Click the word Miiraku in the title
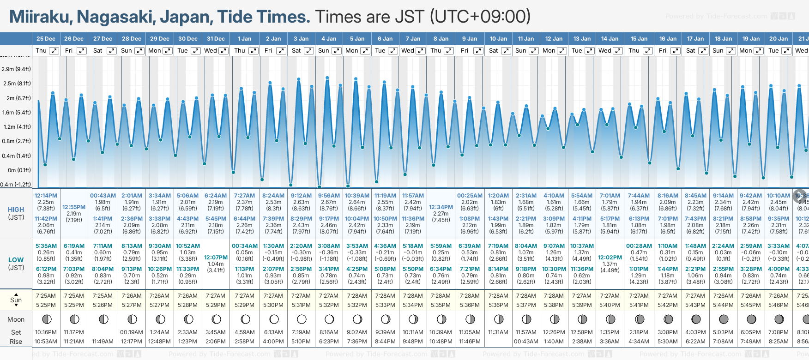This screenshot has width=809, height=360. point(40,17)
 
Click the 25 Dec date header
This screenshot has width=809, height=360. point(46,39)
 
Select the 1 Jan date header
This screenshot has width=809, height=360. point(244,39)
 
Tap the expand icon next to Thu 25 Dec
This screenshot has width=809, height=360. point(54,51)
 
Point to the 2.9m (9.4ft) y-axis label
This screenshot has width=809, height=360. point(16,69)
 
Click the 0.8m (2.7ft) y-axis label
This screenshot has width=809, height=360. point(16,141)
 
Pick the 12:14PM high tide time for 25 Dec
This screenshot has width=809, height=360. point(46,196)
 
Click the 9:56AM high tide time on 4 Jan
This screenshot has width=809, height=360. point(329,196)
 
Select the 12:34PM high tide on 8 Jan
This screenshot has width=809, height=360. point(441,207)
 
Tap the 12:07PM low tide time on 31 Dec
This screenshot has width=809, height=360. point(216,258)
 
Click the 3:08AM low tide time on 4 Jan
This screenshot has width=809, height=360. point(329,246)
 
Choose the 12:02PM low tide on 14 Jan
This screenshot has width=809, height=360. point(610,258)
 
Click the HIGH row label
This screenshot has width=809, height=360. point(16,210)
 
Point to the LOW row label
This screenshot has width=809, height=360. point(16,260)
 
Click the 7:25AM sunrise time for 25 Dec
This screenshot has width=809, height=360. point(46,296)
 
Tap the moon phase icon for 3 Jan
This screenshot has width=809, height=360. point(302,319)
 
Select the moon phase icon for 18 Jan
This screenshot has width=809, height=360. point(724,319)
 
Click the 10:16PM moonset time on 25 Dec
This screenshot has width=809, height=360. point(46,332)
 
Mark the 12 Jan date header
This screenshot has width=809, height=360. point(554,39)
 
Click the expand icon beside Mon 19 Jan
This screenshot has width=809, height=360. point(758,51)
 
